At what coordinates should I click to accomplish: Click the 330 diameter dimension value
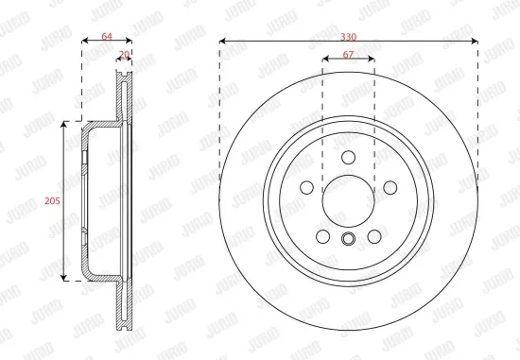tap(348, 34)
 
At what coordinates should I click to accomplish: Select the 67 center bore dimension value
tap(348, 55)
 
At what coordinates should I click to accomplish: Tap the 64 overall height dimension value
tap(107, 36)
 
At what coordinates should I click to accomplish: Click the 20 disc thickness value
tap(124, 56)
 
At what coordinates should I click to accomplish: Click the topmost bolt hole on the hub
tap(348, 157)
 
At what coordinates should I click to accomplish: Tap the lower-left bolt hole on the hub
tap(322, 236)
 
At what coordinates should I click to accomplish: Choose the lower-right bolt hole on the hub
tap(373, 236)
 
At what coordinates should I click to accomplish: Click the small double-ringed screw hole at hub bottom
tap(348, 239)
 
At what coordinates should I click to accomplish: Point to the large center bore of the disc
tap(348, 200)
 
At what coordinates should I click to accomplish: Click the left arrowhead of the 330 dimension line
tap(223, 42)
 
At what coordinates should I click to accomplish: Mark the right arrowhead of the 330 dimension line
tap(474, 42)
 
